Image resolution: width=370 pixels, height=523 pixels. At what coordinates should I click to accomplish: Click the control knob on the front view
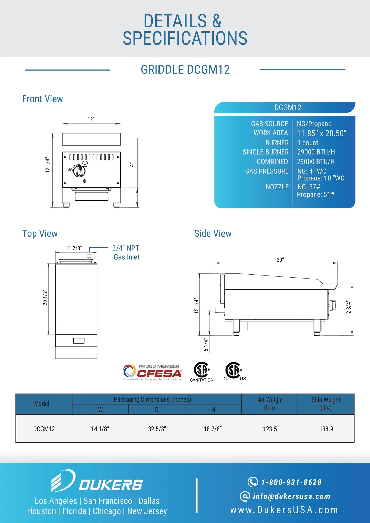coord(79,171)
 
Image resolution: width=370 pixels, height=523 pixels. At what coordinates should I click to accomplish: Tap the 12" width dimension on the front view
coord(91,119)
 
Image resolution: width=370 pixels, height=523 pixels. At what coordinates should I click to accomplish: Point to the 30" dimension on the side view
coord(280,260)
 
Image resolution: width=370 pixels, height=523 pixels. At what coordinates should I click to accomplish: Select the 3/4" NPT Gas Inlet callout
coord(126,253)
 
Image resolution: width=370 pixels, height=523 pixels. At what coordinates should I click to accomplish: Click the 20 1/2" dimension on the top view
coord(45,298)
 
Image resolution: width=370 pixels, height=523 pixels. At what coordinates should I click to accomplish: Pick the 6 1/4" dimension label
coord(206,345)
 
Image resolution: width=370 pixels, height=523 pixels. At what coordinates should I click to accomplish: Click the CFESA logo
coord(153,373)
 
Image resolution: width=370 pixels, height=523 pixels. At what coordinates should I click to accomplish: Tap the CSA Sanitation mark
coord(202,372)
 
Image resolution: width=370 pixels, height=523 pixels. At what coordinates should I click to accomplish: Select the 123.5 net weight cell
coord(270,429)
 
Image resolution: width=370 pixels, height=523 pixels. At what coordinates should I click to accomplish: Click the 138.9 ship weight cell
coord(326,429)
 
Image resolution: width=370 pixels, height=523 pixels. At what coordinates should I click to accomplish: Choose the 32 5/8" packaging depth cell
coord(157,429)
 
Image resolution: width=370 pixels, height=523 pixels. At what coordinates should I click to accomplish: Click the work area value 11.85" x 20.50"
coord(321,133)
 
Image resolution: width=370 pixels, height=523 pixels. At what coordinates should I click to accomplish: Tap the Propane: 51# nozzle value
coord(315,195)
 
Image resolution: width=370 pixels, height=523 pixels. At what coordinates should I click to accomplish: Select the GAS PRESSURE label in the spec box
coord(267,171)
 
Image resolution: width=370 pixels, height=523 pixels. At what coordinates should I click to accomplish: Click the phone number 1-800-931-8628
coord(291,482)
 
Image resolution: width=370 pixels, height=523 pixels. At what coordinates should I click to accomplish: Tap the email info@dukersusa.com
coord(291,496)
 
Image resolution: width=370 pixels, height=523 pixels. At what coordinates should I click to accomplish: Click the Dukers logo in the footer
coord(97,481)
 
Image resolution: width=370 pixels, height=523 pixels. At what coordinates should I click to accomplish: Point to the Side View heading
coord(213,233)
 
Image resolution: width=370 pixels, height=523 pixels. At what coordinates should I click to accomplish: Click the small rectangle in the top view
coord(79,341)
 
